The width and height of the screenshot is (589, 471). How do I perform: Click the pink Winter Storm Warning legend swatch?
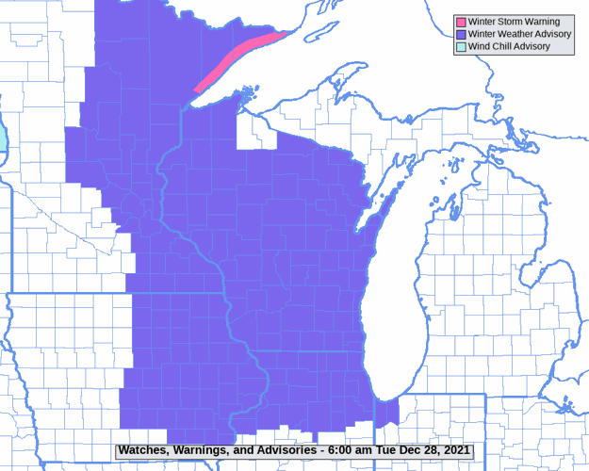(461, 22)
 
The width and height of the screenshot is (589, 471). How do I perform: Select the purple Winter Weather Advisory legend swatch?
(461, 34)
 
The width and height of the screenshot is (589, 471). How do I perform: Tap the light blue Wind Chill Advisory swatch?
(461, 46)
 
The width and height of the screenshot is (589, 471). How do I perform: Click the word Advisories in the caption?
(284, 451)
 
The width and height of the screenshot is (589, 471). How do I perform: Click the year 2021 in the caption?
(452, 451)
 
